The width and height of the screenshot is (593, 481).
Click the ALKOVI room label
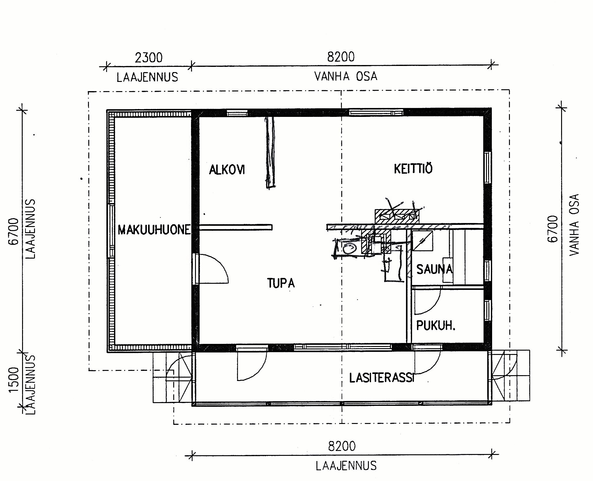pos(227,169)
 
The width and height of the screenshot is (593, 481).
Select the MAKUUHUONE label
pos(154,229)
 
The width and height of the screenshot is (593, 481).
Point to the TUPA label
pos(281,283)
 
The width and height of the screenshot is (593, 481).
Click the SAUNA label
pos(434,269)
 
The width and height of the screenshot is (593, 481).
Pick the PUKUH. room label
pos(435,325)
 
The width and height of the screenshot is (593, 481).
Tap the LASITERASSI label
pos(382,378)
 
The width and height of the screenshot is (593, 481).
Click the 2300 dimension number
pos(148,57)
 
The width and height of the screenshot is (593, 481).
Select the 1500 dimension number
pos(14,379)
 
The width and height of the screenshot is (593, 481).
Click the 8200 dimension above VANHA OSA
pos(341,57)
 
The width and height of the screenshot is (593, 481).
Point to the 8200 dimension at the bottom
pos(342,446)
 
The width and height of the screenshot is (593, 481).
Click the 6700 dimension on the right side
pos(553,229)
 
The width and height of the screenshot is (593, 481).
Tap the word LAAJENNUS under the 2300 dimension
pos(147,77)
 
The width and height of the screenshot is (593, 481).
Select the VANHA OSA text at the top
pos(346,76)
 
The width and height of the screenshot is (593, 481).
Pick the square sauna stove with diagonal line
pos(422,241)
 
